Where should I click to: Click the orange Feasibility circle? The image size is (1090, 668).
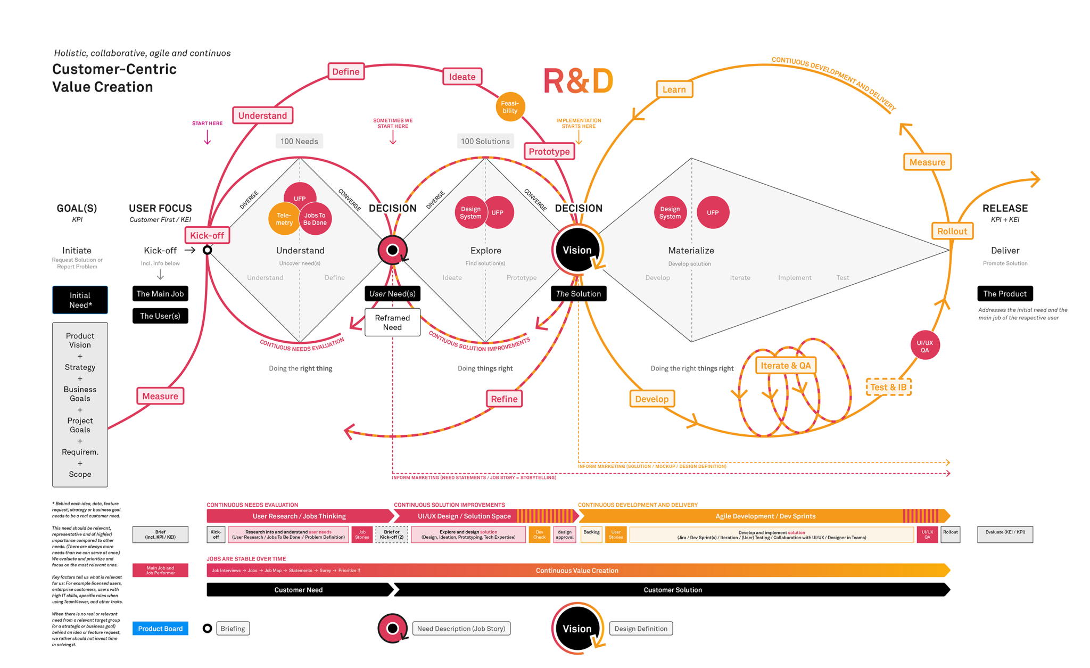point(510,107)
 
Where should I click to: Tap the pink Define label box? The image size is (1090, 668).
point(346,72)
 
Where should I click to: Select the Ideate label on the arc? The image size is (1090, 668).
point(462,77)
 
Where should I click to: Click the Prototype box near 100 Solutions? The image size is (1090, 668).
point(549,152)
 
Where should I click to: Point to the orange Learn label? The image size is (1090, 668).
point(674,89)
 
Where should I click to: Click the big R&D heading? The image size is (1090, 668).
point(578,81)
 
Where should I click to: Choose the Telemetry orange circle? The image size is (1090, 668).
point(284,219)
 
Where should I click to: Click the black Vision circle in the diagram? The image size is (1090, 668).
point(577,250)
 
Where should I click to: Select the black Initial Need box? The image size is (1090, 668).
point(80,300)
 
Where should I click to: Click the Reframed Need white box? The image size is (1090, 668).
point(392,322)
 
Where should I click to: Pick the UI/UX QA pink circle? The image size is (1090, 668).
point(924,346)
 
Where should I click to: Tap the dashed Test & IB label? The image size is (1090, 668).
point(888,387)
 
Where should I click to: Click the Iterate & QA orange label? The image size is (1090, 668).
point(785,366)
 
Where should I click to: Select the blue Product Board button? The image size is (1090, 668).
point(160,629)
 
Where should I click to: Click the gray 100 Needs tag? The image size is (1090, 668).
point(299,141)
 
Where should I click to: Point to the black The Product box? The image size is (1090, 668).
point(1004,294)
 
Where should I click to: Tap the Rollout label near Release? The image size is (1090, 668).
point(952,231)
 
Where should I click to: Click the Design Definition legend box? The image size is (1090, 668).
point(641,629)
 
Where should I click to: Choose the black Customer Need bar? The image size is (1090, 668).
point(298,590)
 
